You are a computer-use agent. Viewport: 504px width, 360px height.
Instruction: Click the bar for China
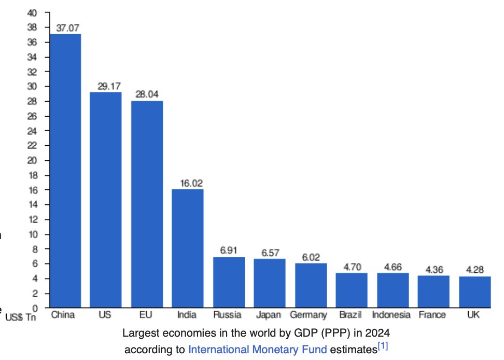click(65, 171)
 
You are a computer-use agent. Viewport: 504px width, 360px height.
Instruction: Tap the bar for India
click(188, 248)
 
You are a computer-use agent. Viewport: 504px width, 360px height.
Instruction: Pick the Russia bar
click(229, 282)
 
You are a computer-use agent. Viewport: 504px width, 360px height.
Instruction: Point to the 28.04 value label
click(147, 94)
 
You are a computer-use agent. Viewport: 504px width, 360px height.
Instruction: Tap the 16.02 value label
click(188, 183)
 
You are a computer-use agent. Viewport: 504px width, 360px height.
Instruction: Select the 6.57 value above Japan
click(269, 252)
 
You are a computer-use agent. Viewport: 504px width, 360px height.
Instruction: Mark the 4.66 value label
click(392, 267)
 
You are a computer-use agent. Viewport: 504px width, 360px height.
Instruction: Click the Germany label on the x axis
click(309, 315)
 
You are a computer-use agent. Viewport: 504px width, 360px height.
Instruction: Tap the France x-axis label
click(432, 315)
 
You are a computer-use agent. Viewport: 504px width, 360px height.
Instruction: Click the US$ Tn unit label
click(19, 316)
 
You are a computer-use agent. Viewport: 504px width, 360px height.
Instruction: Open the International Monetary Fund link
click(258, 350)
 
